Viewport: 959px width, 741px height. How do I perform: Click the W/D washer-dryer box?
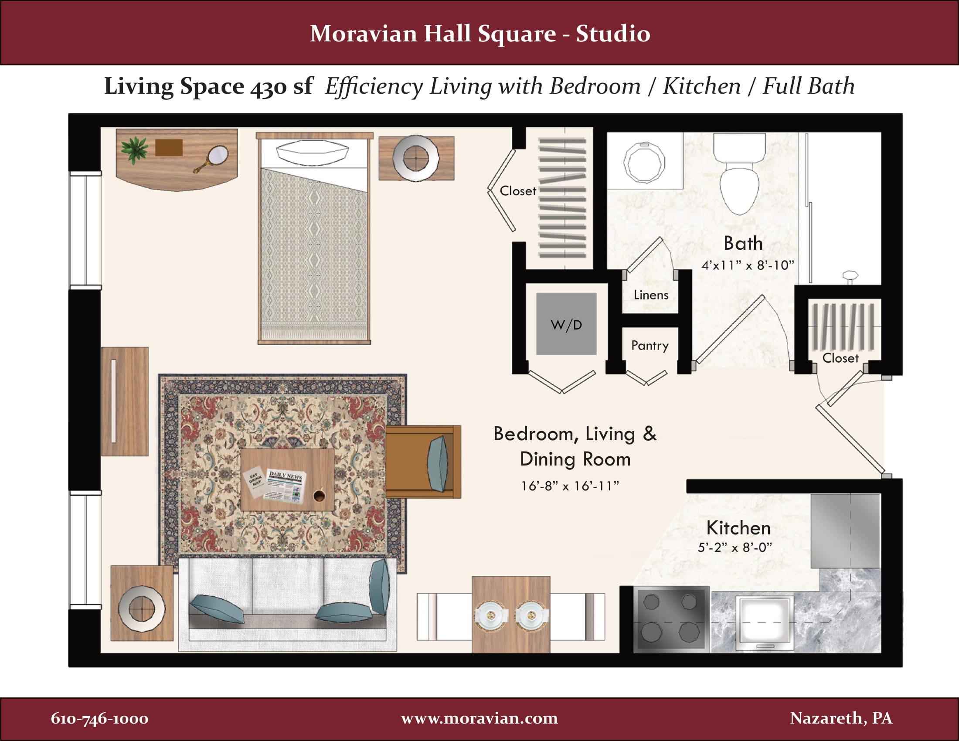(x=566, y=324)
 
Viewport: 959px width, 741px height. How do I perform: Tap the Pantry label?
(x=650, y=346)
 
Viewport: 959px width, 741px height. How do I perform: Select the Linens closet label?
(x=651, y=295)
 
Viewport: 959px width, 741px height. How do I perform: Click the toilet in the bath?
(x=740, y=180)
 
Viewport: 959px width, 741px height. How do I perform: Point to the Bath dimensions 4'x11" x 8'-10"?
(x=748, y=265)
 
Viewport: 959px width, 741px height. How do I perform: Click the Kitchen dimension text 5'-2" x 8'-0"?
(x=735, y=547)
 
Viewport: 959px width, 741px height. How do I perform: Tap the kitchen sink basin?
(x=765, y=620)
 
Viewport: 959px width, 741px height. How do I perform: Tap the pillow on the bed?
(x=312, y=152)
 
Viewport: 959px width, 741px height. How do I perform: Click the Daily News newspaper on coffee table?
(x=285, y=486)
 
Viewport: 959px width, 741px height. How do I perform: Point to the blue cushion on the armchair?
(x=437, y=464)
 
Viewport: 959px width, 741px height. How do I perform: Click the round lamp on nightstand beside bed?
(x=415, y=158)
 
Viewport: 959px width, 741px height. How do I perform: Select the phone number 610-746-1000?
(x=99, y=719)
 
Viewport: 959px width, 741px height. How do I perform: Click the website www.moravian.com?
(x=479, y=718)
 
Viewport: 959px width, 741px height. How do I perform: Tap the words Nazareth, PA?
(x=841, y=718)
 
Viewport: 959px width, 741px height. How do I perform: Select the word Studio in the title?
(x=613, y=34)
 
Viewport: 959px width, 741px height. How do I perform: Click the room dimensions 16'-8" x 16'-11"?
(x=570, y=486)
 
